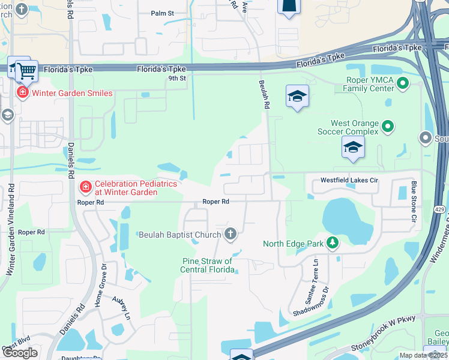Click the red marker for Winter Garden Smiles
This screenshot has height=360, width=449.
[x=22, y=92]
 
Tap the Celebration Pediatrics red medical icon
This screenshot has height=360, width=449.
[x=85, y=188]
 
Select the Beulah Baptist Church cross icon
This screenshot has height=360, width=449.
[x=229, y=234]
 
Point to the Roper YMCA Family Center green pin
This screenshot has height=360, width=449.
[x=403, y=84]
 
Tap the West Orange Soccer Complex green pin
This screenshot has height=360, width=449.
[x=388, y=127]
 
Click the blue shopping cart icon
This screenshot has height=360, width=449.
[x=26, y=71]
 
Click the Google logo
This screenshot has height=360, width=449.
[x=20, y=353]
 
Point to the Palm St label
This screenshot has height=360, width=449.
[x=162, y=13]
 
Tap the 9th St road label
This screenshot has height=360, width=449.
[x=176, y=78]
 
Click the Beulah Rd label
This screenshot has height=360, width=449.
[x=263, y=94]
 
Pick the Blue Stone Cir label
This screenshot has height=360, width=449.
[x=414, y=201]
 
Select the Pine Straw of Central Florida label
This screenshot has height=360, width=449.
[x=207, y=265]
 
